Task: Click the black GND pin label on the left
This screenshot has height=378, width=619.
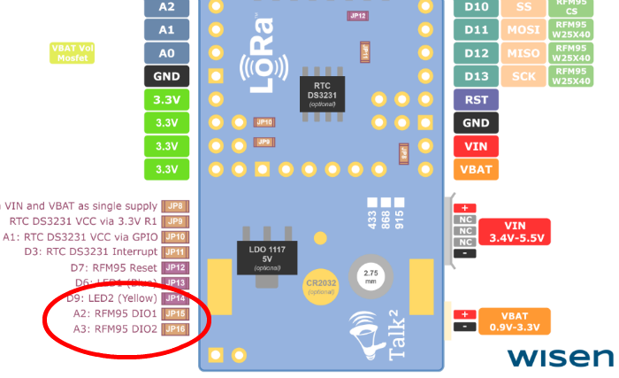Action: (166, 76)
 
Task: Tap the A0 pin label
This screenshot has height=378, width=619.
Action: (166, 53)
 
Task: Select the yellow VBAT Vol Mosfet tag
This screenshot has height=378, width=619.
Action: (73, 53)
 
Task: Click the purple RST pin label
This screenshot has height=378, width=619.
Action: (476, 100)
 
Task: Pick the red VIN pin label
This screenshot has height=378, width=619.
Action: (476, 146)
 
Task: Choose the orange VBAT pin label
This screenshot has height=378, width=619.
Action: (476, 169)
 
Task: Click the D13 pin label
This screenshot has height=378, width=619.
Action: (476, 76)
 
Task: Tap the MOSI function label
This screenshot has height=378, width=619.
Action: (524, 30)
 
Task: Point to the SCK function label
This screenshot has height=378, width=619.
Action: (524, 76)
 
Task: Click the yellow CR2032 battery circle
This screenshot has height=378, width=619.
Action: (321, 286)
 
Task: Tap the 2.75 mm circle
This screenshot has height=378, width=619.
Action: (371, 275)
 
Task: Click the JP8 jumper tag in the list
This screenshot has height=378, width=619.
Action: (175, 205)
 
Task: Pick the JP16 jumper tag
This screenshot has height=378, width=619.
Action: (175, 328)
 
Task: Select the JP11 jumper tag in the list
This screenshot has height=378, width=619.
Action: (175, 251)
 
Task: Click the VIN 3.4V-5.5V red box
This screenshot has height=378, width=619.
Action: (514, 232)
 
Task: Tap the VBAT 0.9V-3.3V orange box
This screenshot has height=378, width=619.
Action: (514, 320)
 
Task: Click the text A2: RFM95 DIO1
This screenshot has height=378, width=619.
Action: (114, 313)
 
